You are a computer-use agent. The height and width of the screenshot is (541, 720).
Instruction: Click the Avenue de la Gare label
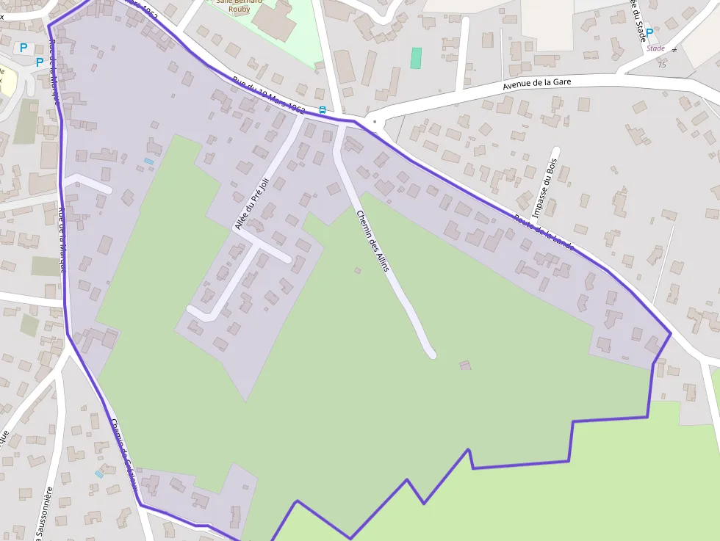tap(536, 85)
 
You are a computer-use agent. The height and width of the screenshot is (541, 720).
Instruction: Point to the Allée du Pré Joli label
tap(251, 204)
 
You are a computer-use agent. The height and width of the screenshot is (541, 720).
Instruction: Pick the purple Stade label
tap(655, 48)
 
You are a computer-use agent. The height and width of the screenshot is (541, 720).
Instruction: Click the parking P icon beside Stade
tap(649, 32)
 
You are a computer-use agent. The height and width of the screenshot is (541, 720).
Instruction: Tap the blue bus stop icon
tap(322, 110)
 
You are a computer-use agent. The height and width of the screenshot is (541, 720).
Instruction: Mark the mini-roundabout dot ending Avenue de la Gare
tap(375, 122)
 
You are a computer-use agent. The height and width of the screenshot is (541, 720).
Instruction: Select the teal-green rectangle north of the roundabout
tap(416, 58)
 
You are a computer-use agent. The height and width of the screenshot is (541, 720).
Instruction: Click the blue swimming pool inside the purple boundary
tap(148, 161)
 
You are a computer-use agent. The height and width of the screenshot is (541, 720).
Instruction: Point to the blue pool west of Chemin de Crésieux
tap(99, 474)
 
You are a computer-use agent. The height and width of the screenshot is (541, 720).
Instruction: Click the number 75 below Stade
tap(662, 65)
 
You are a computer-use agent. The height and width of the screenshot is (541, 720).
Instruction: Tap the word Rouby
tap(239, 10)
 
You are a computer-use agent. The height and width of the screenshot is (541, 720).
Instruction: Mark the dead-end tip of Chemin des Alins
tap(431, 354)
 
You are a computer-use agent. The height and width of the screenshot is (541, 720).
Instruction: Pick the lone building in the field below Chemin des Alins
tap(465, 365)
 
